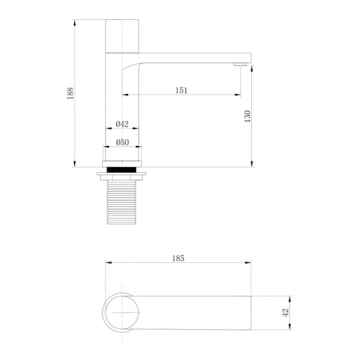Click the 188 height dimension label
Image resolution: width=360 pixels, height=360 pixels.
[x=70, y=93]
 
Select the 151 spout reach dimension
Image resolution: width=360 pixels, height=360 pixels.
[x=181, y=90]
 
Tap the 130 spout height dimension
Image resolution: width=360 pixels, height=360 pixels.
[x=247, y=116]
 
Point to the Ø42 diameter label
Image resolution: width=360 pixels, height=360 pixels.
[x=122, y=124]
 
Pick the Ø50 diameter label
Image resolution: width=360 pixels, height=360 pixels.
[x=122, y=142]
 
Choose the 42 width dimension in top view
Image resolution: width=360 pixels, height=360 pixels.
[x=286, y=312]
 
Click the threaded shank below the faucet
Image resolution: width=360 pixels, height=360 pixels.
[x=122, y=202]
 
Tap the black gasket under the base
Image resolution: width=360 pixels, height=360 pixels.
[x=122, y=169]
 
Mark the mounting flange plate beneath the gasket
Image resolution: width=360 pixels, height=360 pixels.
[x=122, y=175]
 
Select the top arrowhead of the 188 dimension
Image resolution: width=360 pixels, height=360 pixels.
[x=75, y=22]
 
